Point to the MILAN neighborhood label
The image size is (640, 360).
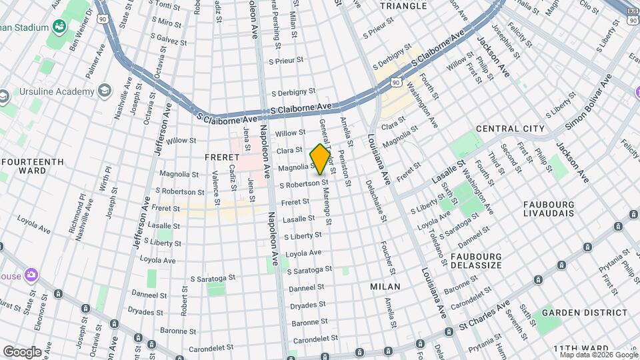coord(385,287)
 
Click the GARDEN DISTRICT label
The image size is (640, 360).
coord(575,312)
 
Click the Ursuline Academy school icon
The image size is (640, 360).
coord(105,91)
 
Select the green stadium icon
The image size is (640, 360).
coord(60,27)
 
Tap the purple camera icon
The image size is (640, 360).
coord(31,275)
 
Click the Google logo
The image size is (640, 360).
coord(22,351)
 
